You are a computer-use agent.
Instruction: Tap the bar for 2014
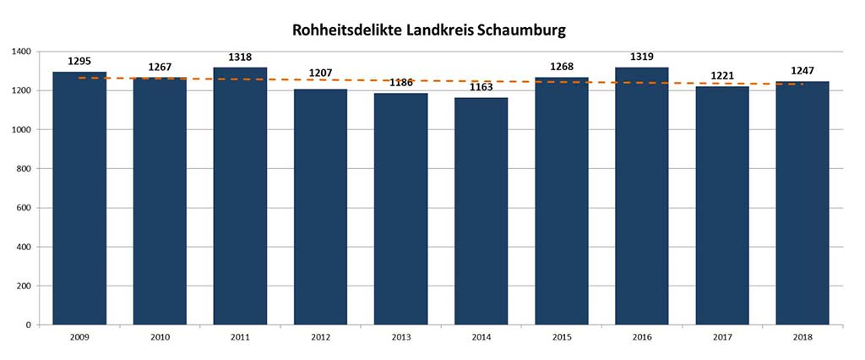[481, 211]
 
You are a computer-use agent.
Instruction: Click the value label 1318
[240, 57]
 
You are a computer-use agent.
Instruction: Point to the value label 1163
[481, 87]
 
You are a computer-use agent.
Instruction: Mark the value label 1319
[642, 57]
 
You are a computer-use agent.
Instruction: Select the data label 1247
[802, 70]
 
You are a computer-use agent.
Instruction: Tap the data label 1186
[401, 83]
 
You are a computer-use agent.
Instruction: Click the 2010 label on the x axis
[160, 336]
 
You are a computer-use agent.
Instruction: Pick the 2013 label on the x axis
[401, 336]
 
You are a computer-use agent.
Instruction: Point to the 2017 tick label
[722, 336]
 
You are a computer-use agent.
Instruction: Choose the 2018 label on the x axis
[802, 336]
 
